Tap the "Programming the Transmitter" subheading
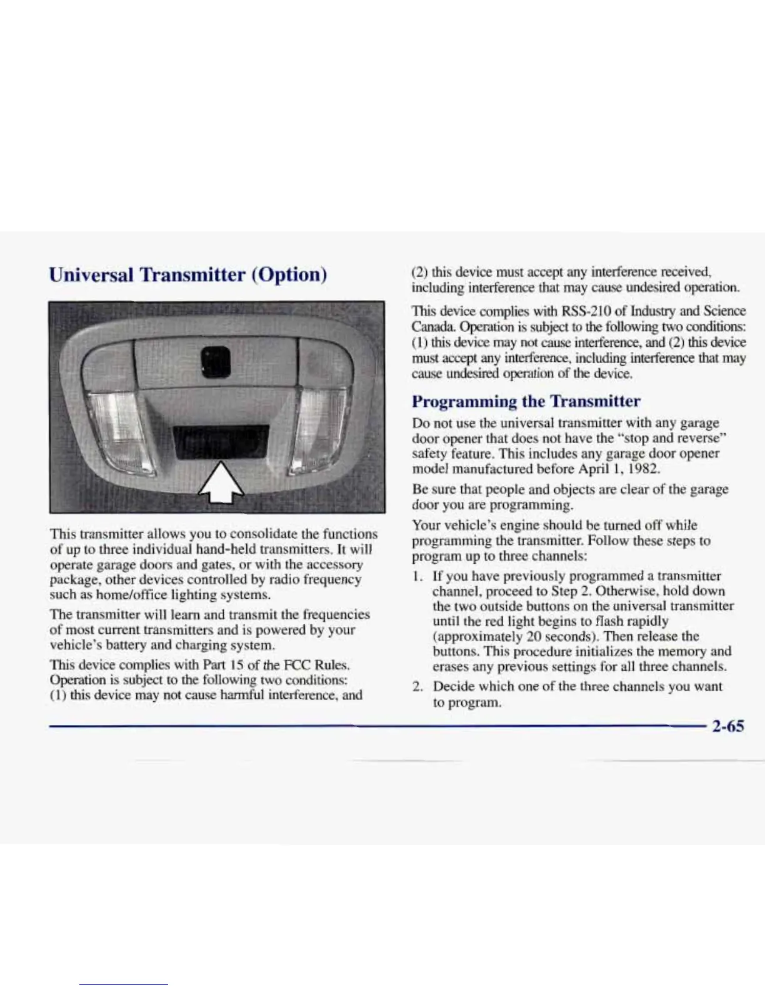click(x=526, y=401)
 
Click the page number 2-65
click(x=727, y=726)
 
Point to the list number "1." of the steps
click(x=417, y=576)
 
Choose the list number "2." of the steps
click(x=417, y=686)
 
